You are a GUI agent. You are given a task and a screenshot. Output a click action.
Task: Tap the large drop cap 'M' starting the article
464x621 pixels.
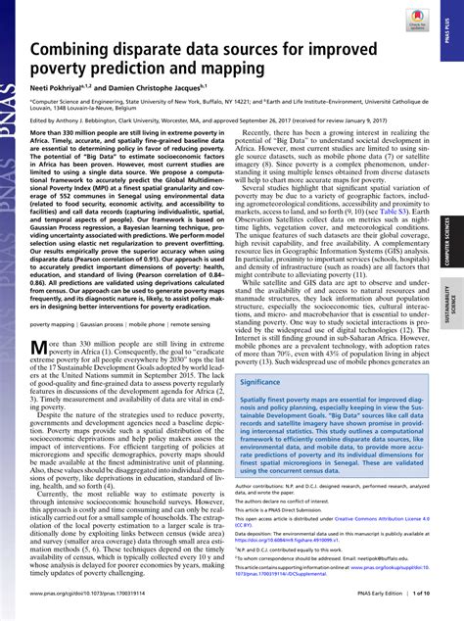point(39,351)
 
